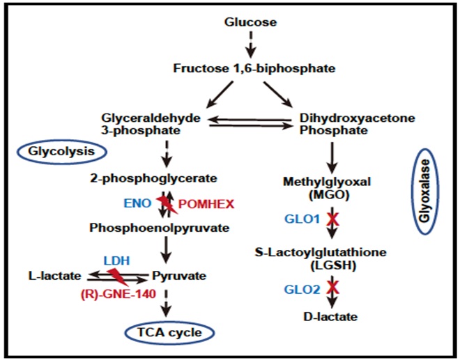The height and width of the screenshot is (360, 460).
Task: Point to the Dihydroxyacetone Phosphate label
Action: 346,124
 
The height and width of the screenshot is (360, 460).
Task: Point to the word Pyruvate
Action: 180,276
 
